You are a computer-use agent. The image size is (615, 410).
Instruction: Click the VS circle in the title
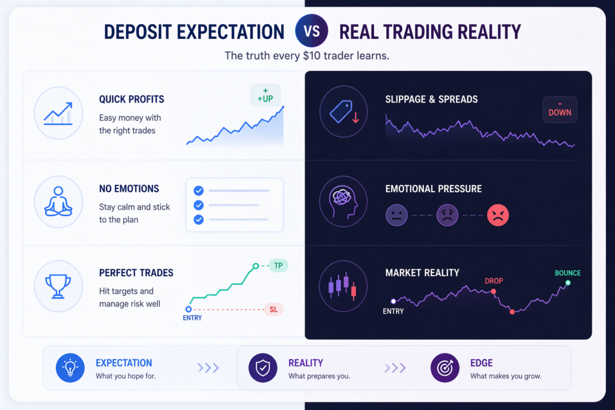pyautogui.click(x=312, y=31)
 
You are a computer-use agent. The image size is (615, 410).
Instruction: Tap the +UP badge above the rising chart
pyautogui.click(x=265, y=95)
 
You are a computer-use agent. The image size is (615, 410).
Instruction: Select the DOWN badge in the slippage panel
pyautogui.click(x=560, y=109)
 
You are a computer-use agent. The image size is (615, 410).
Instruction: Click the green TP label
pyautogui.click(x=279, y=266)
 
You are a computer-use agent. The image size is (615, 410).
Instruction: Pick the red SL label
pyautogui.click(x=273, y=310)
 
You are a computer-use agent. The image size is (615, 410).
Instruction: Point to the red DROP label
pyautogui.click(x=494, y=281)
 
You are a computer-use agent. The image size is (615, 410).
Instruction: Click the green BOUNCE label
pyautogui.click(x=568, y=273)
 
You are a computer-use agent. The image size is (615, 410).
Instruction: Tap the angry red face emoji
pyautogui.click(x=498, y=215)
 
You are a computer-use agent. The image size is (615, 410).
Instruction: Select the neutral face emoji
pyautogui.click(x=396, y=215)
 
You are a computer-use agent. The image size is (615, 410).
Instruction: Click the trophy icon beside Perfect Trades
pyautogui.click(x=58, y=286)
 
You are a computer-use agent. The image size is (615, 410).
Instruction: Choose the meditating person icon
pyautogui.click(x=58, y=202)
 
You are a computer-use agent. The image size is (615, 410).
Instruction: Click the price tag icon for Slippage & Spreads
pyautogui.click(x=344, y=112)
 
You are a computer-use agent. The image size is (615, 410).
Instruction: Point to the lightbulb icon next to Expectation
pyautogui.click(x=70, y=367)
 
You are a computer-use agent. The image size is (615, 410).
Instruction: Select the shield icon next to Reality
pyautogui.click(x=263, y=367)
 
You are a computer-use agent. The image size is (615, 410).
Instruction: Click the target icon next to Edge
pyautogui.click(x=445, y=367)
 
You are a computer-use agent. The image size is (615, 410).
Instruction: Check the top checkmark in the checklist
pyautogui.click(x=198, y=191)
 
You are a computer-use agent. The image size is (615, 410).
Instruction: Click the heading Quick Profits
pyautogui.click(x=132, y=99)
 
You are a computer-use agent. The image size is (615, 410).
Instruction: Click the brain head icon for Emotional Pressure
pyautogui.click(x=343, y=202)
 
